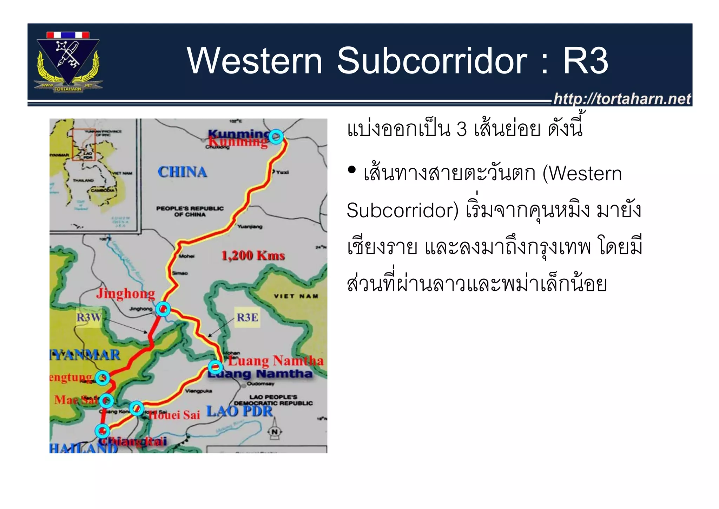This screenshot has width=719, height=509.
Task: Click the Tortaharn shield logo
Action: coord(68,62)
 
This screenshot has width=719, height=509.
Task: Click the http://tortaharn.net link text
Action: coord(622,99)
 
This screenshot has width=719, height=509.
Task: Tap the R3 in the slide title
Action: coord(586,61)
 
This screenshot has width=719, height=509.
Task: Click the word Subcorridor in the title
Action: coord(432,61)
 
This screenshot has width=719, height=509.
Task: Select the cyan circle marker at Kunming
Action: coord(276,136)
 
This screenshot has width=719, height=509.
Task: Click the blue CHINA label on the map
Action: coord(182,172)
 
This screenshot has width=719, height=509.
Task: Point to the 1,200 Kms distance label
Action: coord(253,256)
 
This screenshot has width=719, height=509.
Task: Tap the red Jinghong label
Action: coord(125,294)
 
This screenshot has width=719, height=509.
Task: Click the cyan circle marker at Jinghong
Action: coord(163,309)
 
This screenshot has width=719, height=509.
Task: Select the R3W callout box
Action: coord(89,317)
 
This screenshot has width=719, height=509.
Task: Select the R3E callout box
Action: coord(247,317)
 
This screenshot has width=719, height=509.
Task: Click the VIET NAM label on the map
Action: coord(296,296)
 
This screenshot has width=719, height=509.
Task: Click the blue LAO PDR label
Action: coord(239,411)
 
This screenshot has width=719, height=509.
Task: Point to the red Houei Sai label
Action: coord(174,415)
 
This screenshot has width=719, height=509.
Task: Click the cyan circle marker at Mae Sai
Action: coord(106,400)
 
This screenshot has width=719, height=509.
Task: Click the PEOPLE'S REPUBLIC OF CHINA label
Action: coord(190,211)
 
